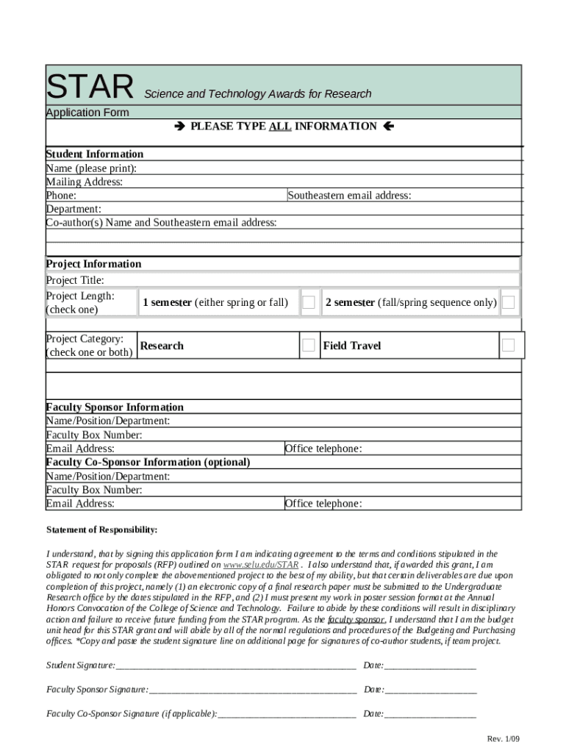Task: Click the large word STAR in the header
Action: [90, 87]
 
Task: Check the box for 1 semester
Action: [309, 302]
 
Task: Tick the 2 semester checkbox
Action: [508, 302]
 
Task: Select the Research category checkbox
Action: [309, 345]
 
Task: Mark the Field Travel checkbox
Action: [508, 345]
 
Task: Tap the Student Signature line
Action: [235, 666]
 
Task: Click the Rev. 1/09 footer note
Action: [502, 738]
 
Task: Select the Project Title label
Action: [75, 280]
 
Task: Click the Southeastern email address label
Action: [349, 196]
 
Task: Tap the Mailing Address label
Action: [85, 182]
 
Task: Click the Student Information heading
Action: [95, 154]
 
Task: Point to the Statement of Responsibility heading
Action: [102, 529]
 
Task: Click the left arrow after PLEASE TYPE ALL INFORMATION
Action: [389, 126]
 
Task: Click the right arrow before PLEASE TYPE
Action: [180, 126]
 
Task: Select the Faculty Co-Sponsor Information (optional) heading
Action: [148, 462]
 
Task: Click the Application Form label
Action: [87, 113]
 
